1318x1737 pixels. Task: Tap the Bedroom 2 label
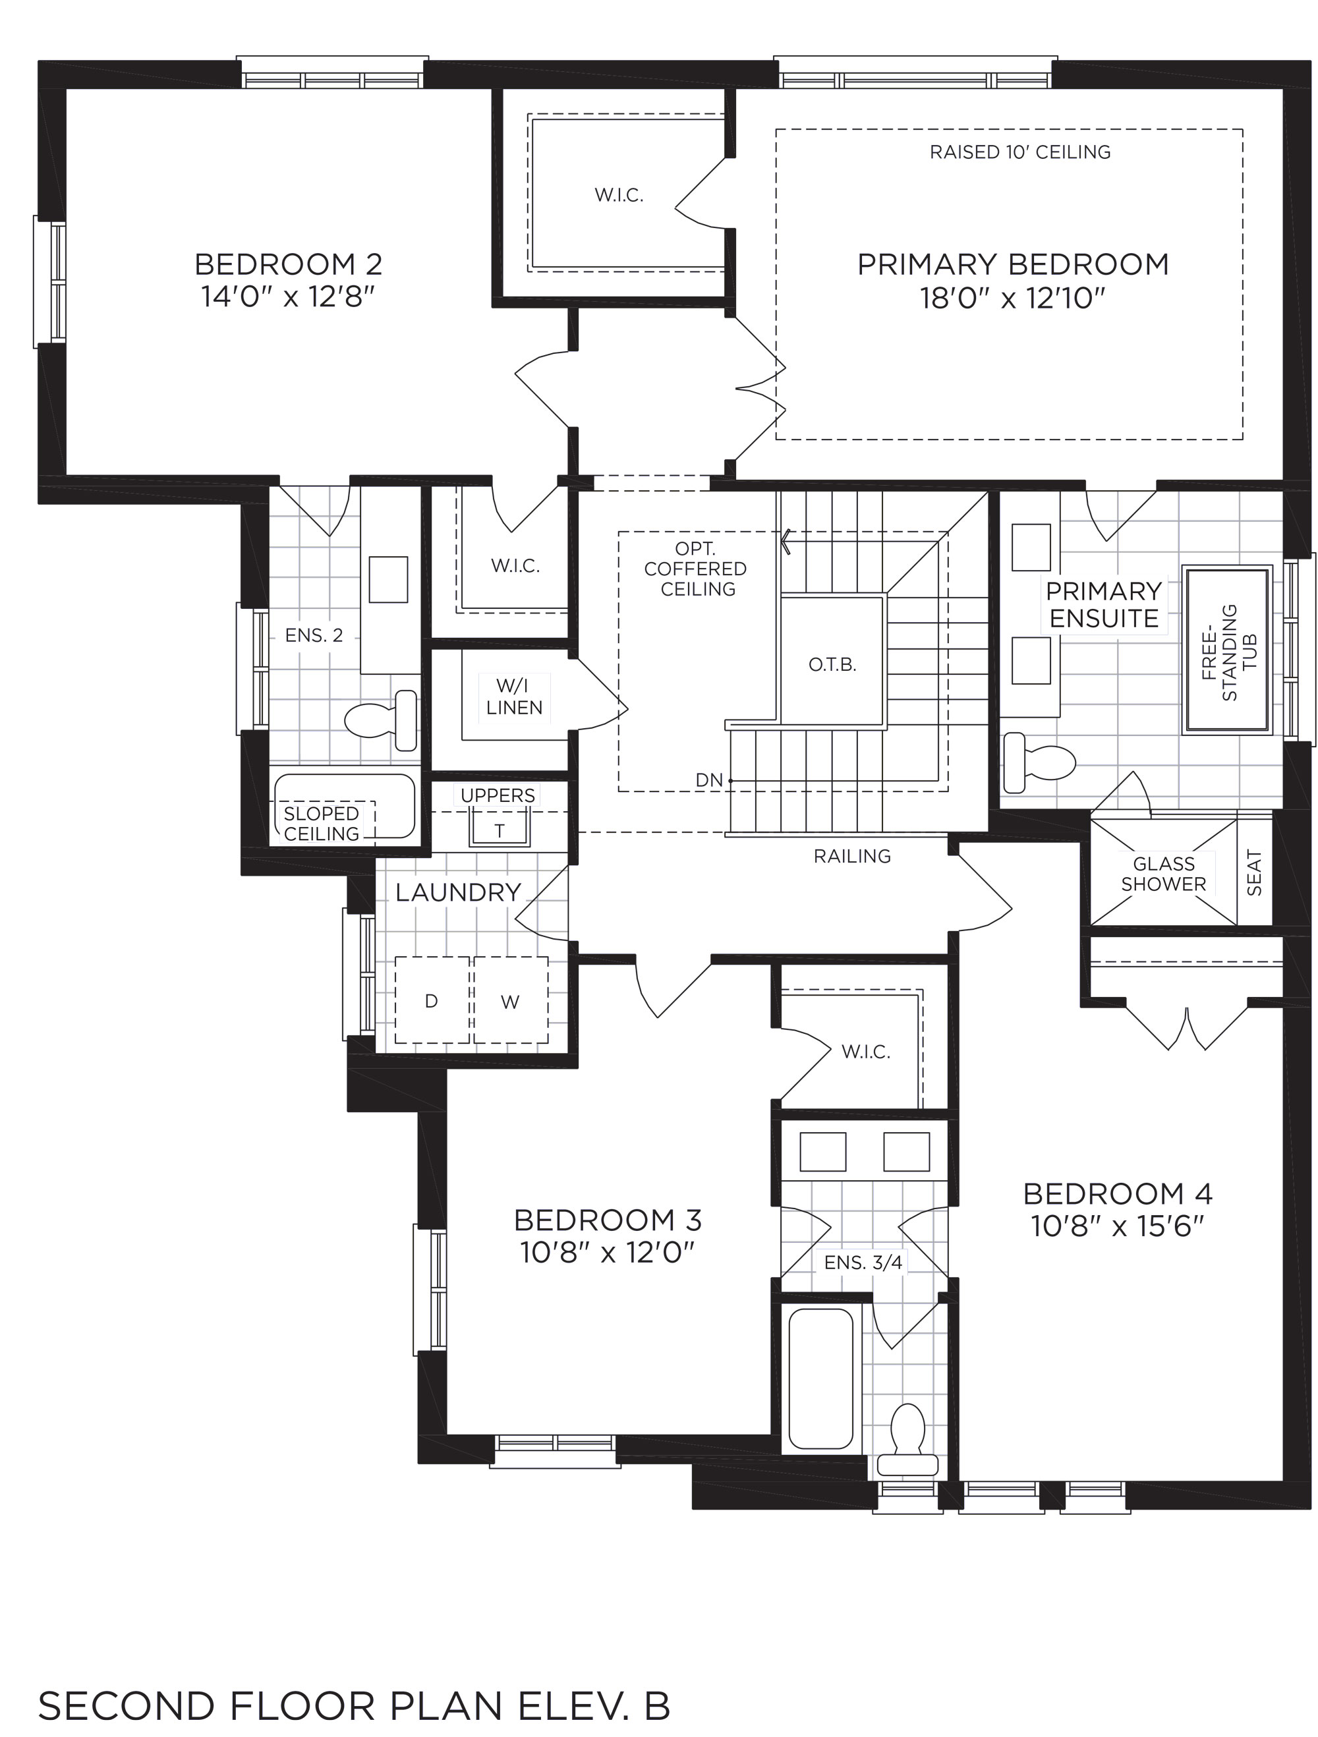point(288,264)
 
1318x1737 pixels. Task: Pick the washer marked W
point(511,1000)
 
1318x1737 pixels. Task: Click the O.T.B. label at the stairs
point(832,665)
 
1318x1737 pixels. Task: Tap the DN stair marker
point(709,780)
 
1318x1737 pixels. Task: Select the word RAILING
point(852,856)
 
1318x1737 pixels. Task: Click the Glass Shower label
point(1163,874)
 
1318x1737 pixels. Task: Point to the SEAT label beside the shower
point(1254,873)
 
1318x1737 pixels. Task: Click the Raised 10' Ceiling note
point(1020,152)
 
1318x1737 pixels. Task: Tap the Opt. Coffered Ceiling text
point(696,569)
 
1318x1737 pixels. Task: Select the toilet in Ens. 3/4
point(907,1438)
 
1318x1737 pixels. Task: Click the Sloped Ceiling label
point(321,824)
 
